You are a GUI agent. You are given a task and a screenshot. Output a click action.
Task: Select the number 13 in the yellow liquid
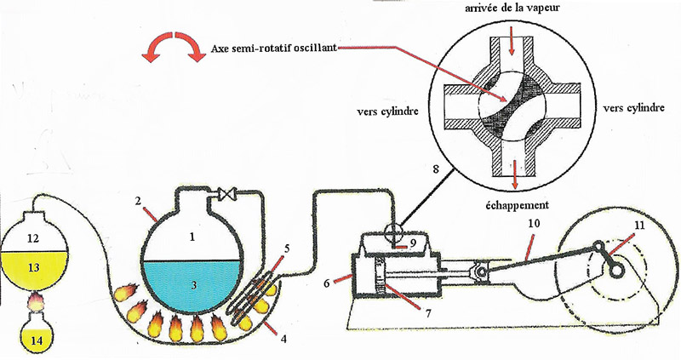33,266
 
